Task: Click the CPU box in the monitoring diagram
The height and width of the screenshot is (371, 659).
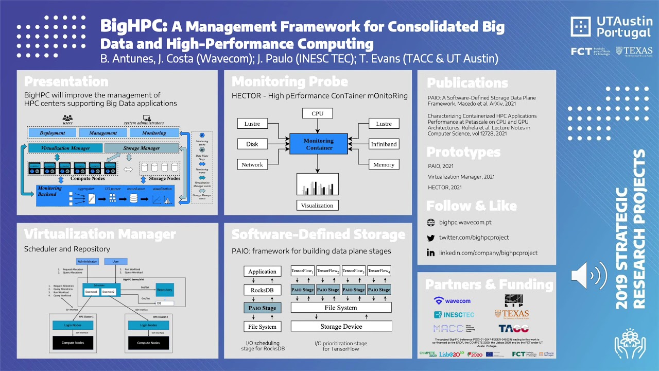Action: [317, 113]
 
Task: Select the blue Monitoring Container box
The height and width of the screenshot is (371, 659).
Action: [318, 144]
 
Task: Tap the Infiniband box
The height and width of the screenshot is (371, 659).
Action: [384, 144]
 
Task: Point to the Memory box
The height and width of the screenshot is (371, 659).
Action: [384, 165]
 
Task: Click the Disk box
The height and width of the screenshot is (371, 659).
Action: [252, 144]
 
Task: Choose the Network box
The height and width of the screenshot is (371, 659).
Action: [252, 165]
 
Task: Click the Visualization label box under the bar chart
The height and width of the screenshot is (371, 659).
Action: [317, 205]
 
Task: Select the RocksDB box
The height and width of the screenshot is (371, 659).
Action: [263, 290]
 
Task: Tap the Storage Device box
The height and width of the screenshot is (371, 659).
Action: [341, 326]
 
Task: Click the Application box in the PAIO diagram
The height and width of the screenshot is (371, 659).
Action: [263, 272]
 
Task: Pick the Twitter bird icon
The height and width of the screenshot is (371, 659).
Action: [431, 238]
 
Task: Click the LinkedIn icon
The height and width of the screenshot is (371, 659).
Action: [431, 252]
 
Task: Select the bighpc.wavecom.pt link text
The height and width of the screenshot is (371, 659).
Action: [465, 223]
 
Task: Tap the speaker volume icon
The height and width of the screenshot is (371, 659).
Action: [588, 276]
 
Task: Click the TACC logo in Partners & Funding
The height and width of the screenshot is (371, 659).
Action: [513, 328]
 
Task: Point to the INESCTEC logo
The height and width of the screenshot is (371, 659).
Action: [454, 314]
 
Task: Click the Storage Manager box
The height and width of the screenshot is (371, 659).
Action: [142, 148]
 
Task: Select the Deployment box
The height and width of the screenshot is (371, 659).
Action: [53, 133]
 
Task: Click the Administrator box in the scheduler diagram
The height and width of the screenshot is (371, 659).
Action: [88, 261]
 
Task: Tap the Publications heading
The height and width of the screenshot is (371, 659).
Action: [467, 82]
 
